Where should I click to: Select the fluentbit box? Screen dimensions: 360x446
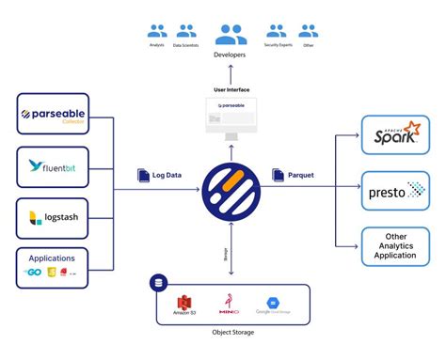click(x=53, y=167)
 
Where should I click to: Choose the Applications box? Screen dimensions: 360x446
click(x=53, y=268)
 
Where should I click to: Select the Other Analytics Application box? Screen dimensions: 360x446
click(x=396, y=247)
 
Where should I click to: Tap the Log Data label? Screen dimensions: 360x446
click(x=161, y=175)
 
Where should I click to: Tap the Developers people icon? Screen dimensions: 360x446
click(x=231, y=35)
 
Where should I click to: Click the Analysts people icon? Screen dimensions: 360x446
click(x=156, y=31)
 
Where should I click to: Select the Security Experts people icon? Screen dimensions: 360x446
click(x=276, y=31)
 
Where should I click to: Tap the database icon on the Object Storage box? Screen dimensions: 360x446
click(x=158, y=281)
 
